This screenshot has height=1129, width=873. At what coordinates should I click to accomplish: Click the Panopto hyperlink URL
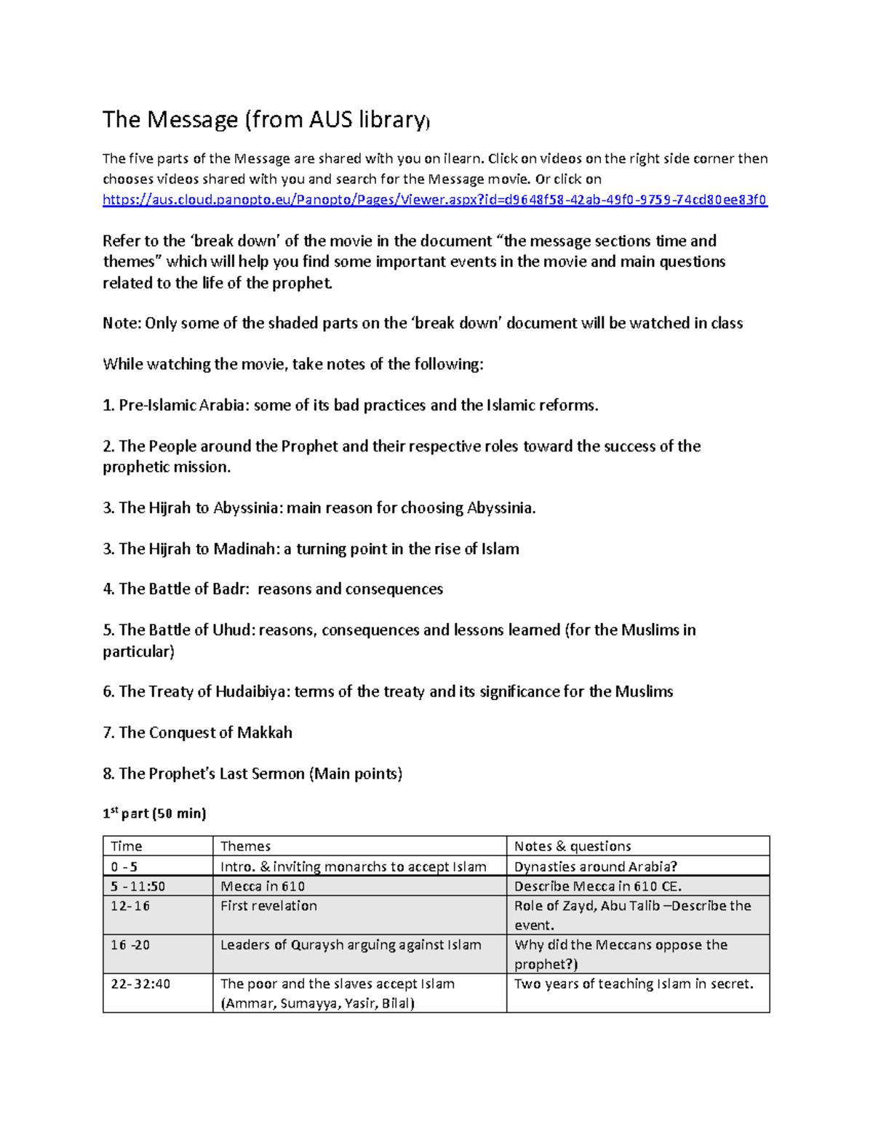click(434, 200)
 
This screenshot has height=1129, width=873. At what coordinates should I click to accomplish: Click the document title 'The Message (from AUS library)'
click(266, 119)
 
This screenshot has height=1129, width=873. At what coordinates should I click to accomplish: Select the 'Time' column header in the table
click(127, 846)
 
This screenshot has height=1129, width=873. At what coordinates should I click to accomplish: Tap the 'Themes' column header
click(245, 846)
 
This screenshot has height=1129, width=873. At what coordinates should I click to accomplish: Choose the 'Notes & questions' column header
click(573, 846)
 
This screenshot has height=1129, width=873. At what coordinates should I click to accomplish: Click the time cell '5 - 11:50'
click(138, 886)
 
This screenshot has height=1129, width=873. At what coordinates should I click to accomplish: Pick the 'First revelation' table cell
click(268, 906)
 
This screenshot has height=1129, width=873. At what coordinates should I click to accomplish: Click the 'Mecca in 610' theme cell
click(263, 886)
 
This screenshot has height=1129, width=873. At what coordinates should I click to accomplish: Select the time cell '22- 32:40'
click(140, 984)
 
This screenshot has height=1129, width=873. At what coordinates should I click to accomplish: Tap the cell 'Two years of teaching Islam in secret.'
click(634, 984)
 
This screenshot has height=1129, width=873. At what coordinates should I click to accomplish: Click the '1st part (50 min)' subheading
click(154, 813)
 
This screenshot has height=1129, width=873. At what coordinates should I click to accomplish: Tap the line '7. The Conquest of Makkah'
click(197, 733)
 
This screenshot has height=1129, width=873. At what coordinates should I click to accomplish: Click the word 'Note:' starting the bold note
click(121, 323)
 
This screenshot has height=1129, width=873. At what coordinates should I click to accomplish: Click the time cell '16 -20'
click(130, 945)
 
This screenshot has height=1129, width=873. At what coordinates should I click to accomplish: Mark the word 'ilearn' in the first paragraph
click(463, 158)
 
